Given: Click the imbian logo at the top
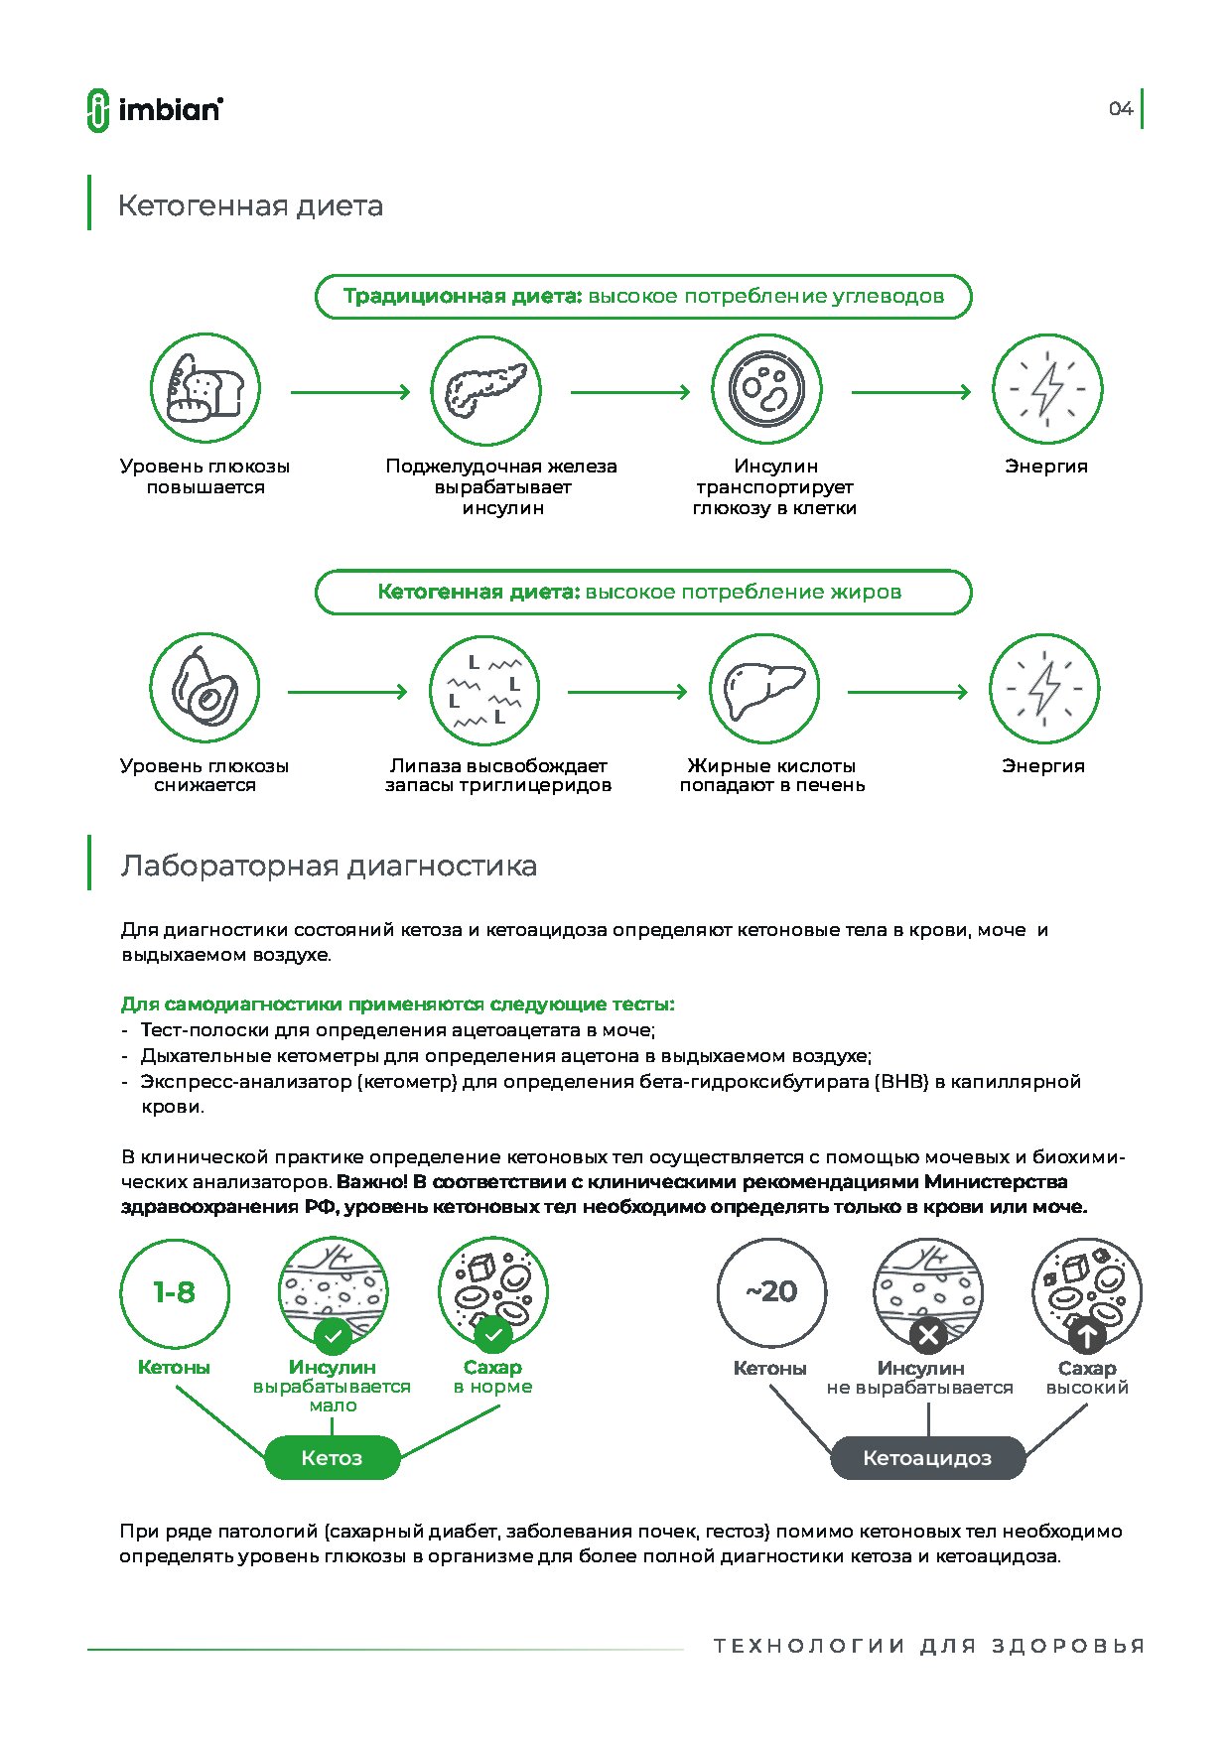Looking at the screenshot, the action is click(x=155, y=109).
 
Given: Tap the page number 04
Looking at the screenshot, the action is click(x=1121, y=109).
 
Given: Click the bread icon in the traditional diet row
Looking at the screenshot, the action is click(x=205, y=389).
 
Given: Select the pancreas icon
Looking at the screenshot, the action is click(x=485, y=390).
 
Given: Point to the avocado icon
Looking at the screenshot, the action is click(x=205, y=688).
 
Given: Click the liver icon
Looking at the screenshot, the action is click(x=764, y=689).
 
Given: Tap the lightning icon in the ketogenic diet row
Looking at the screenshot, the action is click(x=1044, y=689).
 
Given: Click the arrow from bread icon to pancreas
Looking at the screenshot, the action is click(x=350, y=392).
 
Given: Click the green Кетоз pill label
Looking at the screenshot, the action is click(x=332, y=1458).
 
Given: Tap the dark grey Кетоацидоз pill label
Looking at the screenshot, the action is click(x=927, y=1458).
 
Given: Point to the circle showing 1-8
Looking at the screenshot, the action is click(x=174, y=1292).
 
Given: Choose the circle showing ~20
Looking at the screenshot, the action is click(x=771, y=1292).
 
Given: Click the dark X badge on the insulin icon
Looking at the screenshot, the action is click(x=928, y=1336).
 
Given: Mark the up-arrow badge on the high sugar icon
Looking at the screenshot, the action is click(x=1087, y=1336).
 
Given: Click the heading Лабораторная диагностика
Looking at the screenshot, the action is click(x=329, y=867).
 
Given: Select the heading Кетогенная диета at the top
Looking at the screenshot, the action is click(x=250, y=206).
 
